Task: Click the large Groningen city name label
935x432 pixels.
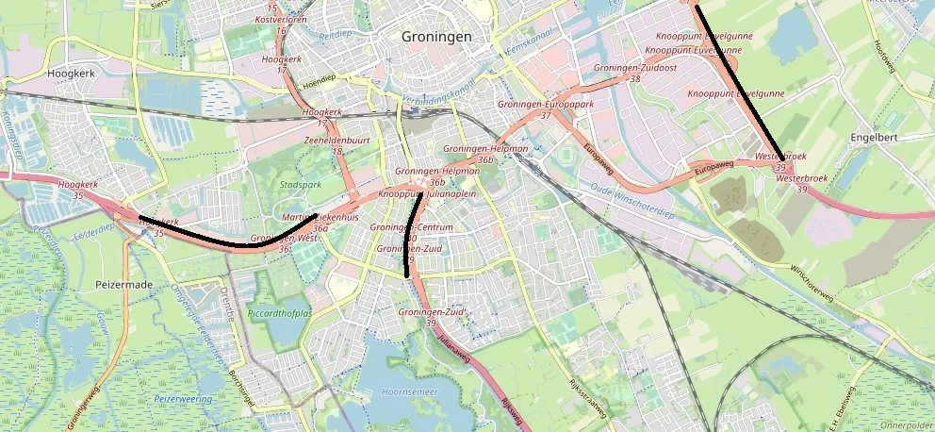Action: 435,37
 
